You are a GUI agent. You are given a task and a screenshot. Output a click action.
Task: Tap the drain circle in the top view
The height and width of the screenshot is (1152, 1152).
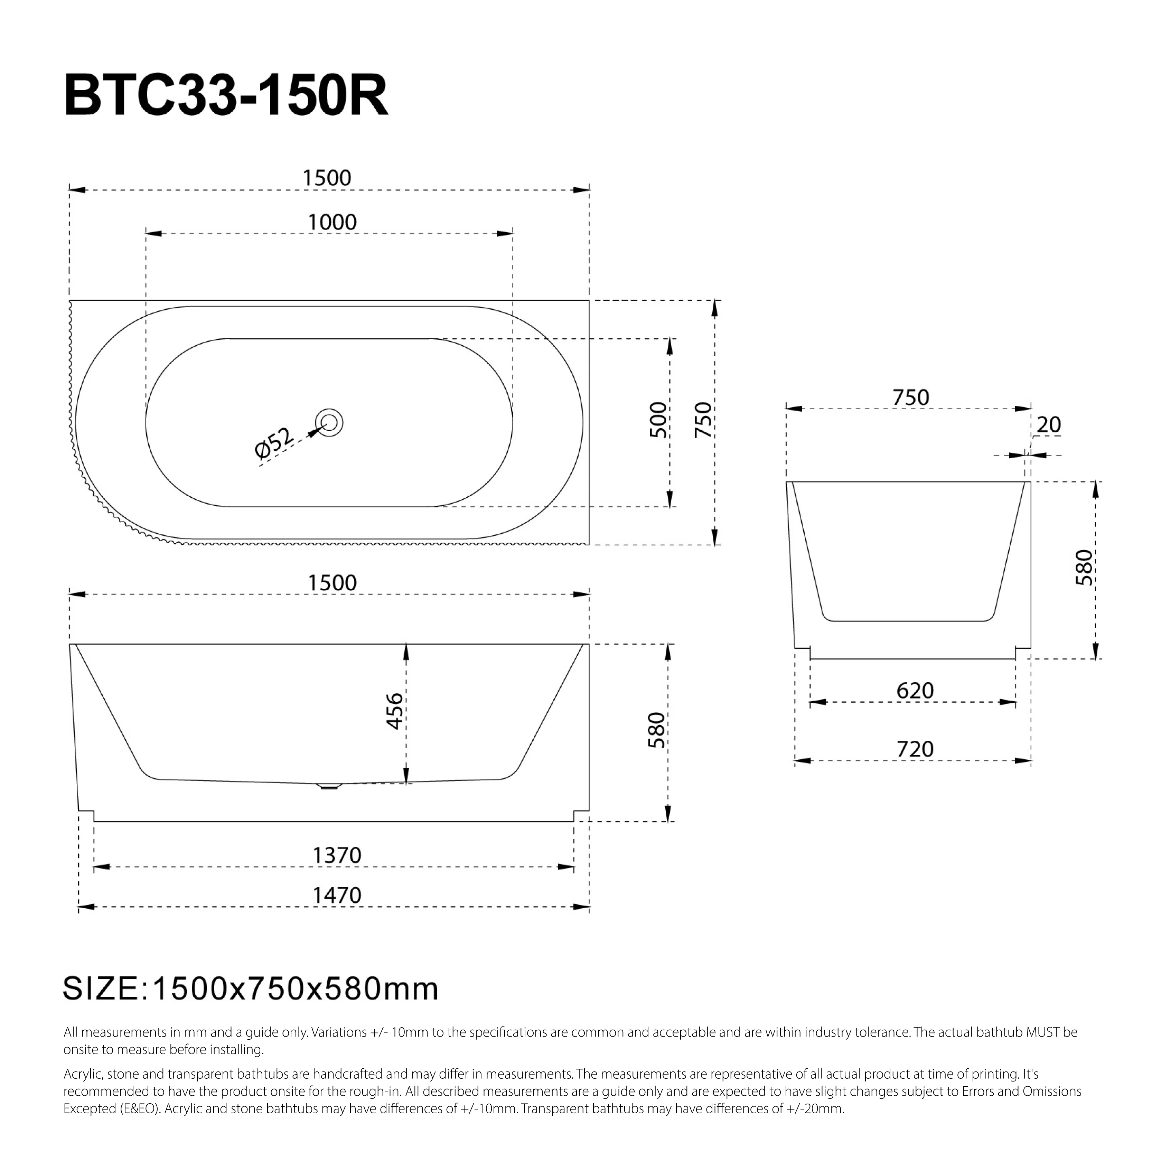(329, 422)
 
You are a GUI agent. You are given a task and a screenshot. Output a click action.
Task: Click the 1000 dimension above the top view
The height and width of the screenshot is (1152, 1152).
(332, 222)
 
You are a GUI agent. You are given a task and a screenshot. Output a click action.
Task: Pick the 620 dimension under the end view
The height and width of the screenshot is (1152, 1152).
(915, 691)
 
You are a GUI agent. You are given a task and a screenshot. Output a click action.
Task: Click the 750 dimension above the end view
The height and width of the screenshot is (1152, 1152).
(910, 398)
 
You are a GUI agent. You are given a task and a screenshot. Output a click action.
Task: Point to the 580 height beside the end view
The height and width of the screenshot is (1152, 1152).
(1084, 567)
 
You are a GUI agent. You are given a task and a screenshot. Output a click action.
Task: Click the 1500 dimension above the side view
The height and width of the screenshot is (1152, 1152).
(332, 582)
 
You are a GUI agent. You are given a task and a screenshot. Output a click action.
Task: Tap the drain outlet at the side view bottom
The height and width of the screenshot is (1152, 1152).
(329, 786)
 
